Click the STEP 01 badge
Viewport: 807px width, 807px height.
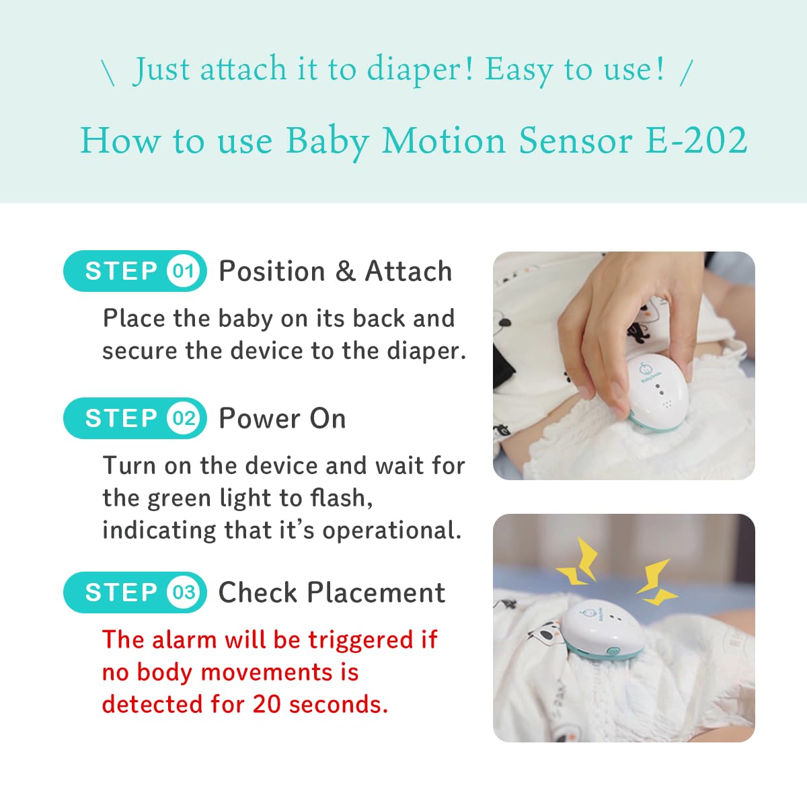click(135, 271)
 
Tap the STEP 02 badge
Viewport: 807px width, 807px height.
click(135, 418)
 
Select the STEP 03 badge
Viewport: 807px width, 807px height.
click(135, 592)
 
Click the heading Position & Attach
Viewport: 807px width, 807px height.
click(336, 272)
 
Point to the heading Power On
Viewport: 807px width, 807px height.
click(282, 418)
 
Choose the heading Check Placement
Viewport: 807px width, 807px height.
click(332, 592)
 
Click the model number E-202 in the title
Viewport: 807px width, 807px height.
click(696, 141)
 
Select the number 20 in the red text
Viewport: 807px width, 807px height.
click(267, 704)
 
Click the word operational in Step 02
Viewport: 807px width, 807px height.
click(391, 531)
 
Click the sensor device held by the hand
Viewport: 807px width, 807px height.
click(658, 391)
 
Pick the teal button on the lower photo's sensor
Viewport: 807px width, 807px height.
click(613, 651)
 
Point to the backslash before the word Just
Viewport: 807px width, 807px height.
click(108, 73)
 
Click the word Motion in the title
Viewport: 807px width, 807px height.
click(443, 141)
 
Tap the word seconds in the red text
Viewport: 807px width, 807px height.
click(338, 704)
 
